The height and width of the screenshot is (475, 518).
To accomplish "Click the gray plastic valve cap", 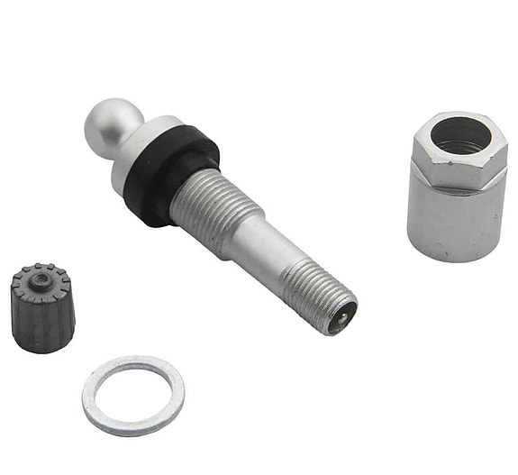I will tap(41, 306).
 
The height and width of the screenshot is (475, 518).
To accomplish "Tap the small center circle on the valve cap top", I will tap(41, 279).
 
